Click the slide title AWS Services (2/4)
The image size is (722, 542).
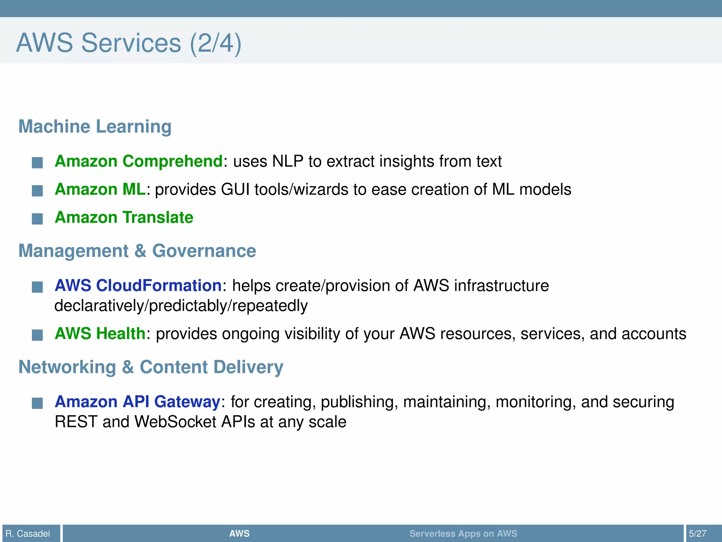(x=129, y=43)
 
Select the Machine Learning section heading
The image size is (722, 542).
(x=95, y=126)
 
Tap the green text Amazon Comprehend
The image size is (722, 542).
(x=139, y=161)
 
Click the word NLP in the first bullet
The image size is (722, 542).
(x=288, y=161)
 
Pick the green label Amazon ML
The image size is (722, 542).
(x=100, y=189)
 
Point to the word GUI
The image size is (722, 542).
(x=235, y=189)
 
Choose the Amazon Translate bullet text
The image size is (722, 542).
(x=124, y=217)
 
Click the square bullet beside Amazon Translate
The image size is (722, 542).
(x=37, y=219)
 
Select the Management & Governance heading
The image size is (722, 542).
(x=137, y=251)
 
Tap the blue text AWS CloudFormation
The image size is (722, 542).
(x=138, y=285)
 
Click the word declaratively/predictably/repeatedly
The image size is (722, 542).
(x=181, y=306)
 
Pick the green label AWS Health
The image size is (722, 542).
(x=100, y=333)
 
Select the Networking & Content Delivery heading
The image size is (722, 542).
(x=151, y=367)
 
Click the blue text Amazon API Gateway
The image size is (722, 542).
(x=137, y=402)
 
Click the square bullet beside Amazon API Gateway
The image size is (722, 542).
(x=37, y=403)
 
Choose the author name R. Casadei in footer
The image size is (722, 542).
(x=28, y=534)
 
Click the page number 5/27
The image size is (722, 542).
(x=698, y=534)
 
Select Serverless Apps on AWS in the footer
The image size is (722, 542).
(x=463, y=534)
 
